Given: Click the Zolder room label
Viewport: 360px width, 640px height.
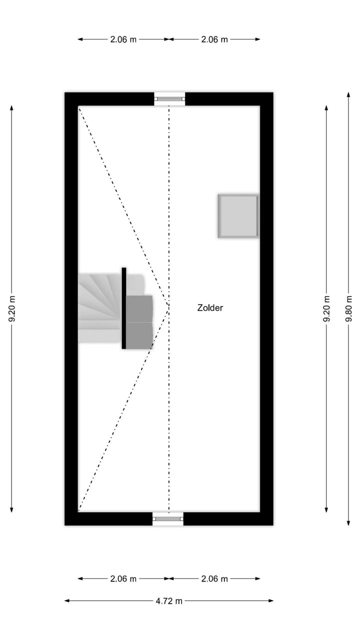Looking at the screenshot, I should [x=210, y=308].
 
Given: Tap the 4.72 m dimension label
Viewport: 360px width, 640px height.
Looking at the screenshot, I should [x=169, y=601].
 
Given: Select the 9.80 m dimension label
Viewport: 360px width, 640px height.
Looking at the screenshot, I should [x=348, y=308].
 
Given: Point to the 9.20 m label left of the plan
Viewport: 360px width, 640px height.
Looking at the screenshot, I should [x=12, y=308].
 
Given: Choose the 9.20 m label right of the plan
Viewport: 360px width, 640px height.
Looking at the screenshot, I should [x=326, y=308].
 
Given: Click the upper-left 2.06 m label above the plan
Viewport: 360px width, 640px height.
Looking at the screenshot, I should [x=123, y=39].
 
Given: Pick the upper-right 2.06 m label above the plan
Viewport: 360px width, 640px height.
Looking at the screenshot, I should [x=214, y=39].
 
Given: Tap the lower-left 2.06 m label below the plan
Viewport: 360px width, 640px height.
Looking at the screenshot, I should [x=123, y=579].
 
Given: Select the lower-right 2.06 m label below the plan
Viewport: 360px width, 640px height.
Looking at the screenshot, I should [x=214, y=579].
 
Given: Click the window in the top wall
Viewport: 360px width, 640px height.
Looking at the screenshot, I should [x=169, y=99].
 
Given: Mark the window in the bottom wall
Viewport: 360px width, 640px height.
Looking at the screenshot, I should [x=168, y=519].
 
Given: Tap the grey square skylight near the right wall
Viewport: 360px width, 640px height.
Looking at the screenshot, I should [x=238, y=216].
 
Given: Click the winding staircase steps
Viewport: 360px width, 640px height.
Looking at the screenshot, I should [x=100, y=307].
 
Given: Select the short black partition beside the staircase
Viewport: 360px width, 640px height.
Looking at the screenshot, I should [x=124, y=307].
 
